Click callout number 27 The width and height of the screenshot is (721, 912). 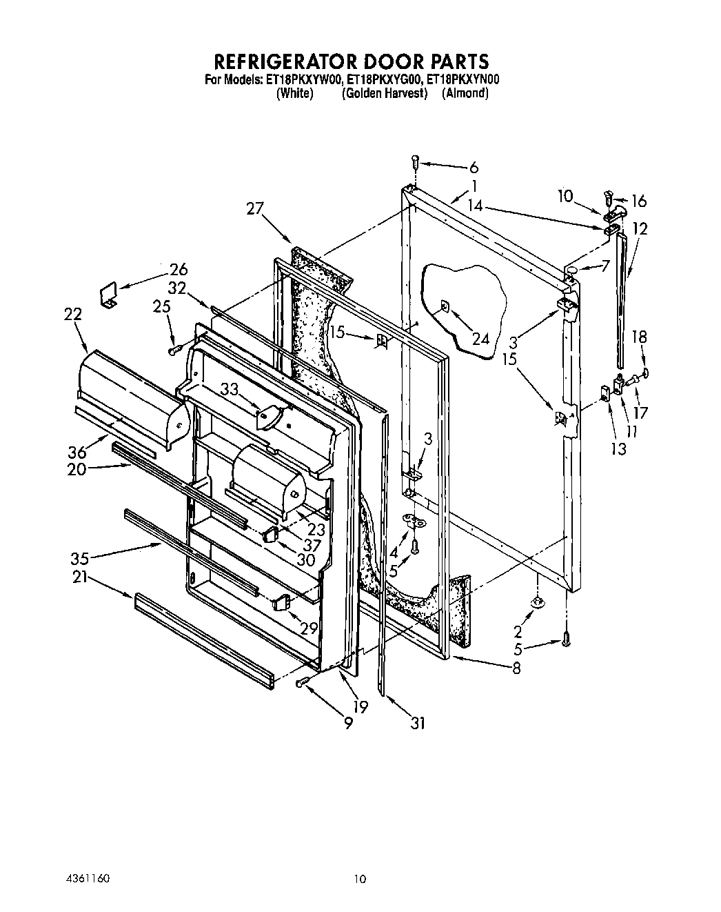(255, 208)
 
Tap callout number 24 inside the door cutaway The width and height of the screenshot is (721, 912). (480, 338)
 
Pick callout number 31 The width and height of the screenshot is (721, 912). (417, 722)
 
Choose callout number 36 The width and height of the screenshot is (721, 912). (78, 452)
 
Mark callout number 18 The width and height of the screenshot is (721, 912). (640, 337)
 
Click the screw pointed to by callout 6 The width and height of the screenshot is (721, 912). (415, 162)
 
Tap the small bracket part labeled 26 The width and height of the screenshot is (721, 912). (108, 297)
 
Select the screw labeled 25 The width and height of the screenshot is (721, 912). (174, 350)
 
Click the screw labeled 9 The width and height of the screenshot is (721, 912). (301, 682)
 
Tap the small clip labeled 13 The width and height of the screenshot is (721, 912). (605, 393)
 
